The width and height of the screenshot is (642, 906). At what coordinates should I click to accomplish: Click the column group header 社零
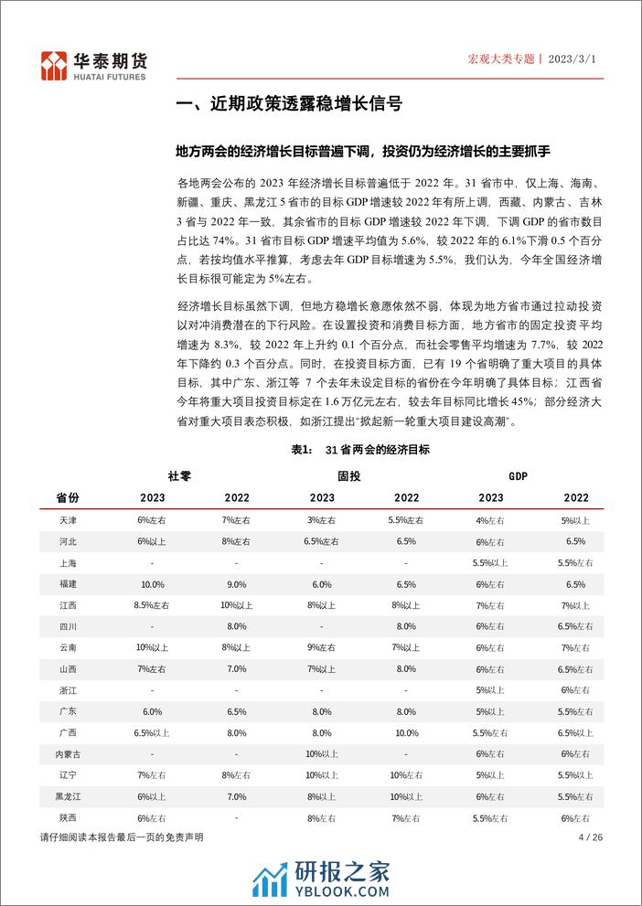pyautogui.click(x=179, y=476)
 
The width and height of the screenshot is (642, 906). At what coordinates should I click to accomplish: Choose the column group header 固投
pyautogui.click(x=348, y=476)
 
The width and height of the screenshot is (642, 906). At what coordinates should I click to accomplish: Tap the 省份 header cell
pyautogui.click(x=68, y=497)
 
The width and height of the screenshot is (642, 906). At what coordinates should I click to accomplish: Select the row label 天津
pyautogui.click(x=68, y=519)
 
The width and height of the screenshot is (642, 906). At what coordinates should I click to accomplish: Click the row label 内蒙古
pyautogui.click(x=68, y=752)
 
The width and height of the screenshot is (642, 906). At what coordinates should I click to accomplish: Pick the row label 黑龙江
pyautogui.click(x=68, y=796)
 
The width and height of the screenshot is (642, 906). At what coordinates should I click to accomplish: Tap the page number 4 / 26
pyautogui.click(x=592, y=837)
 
